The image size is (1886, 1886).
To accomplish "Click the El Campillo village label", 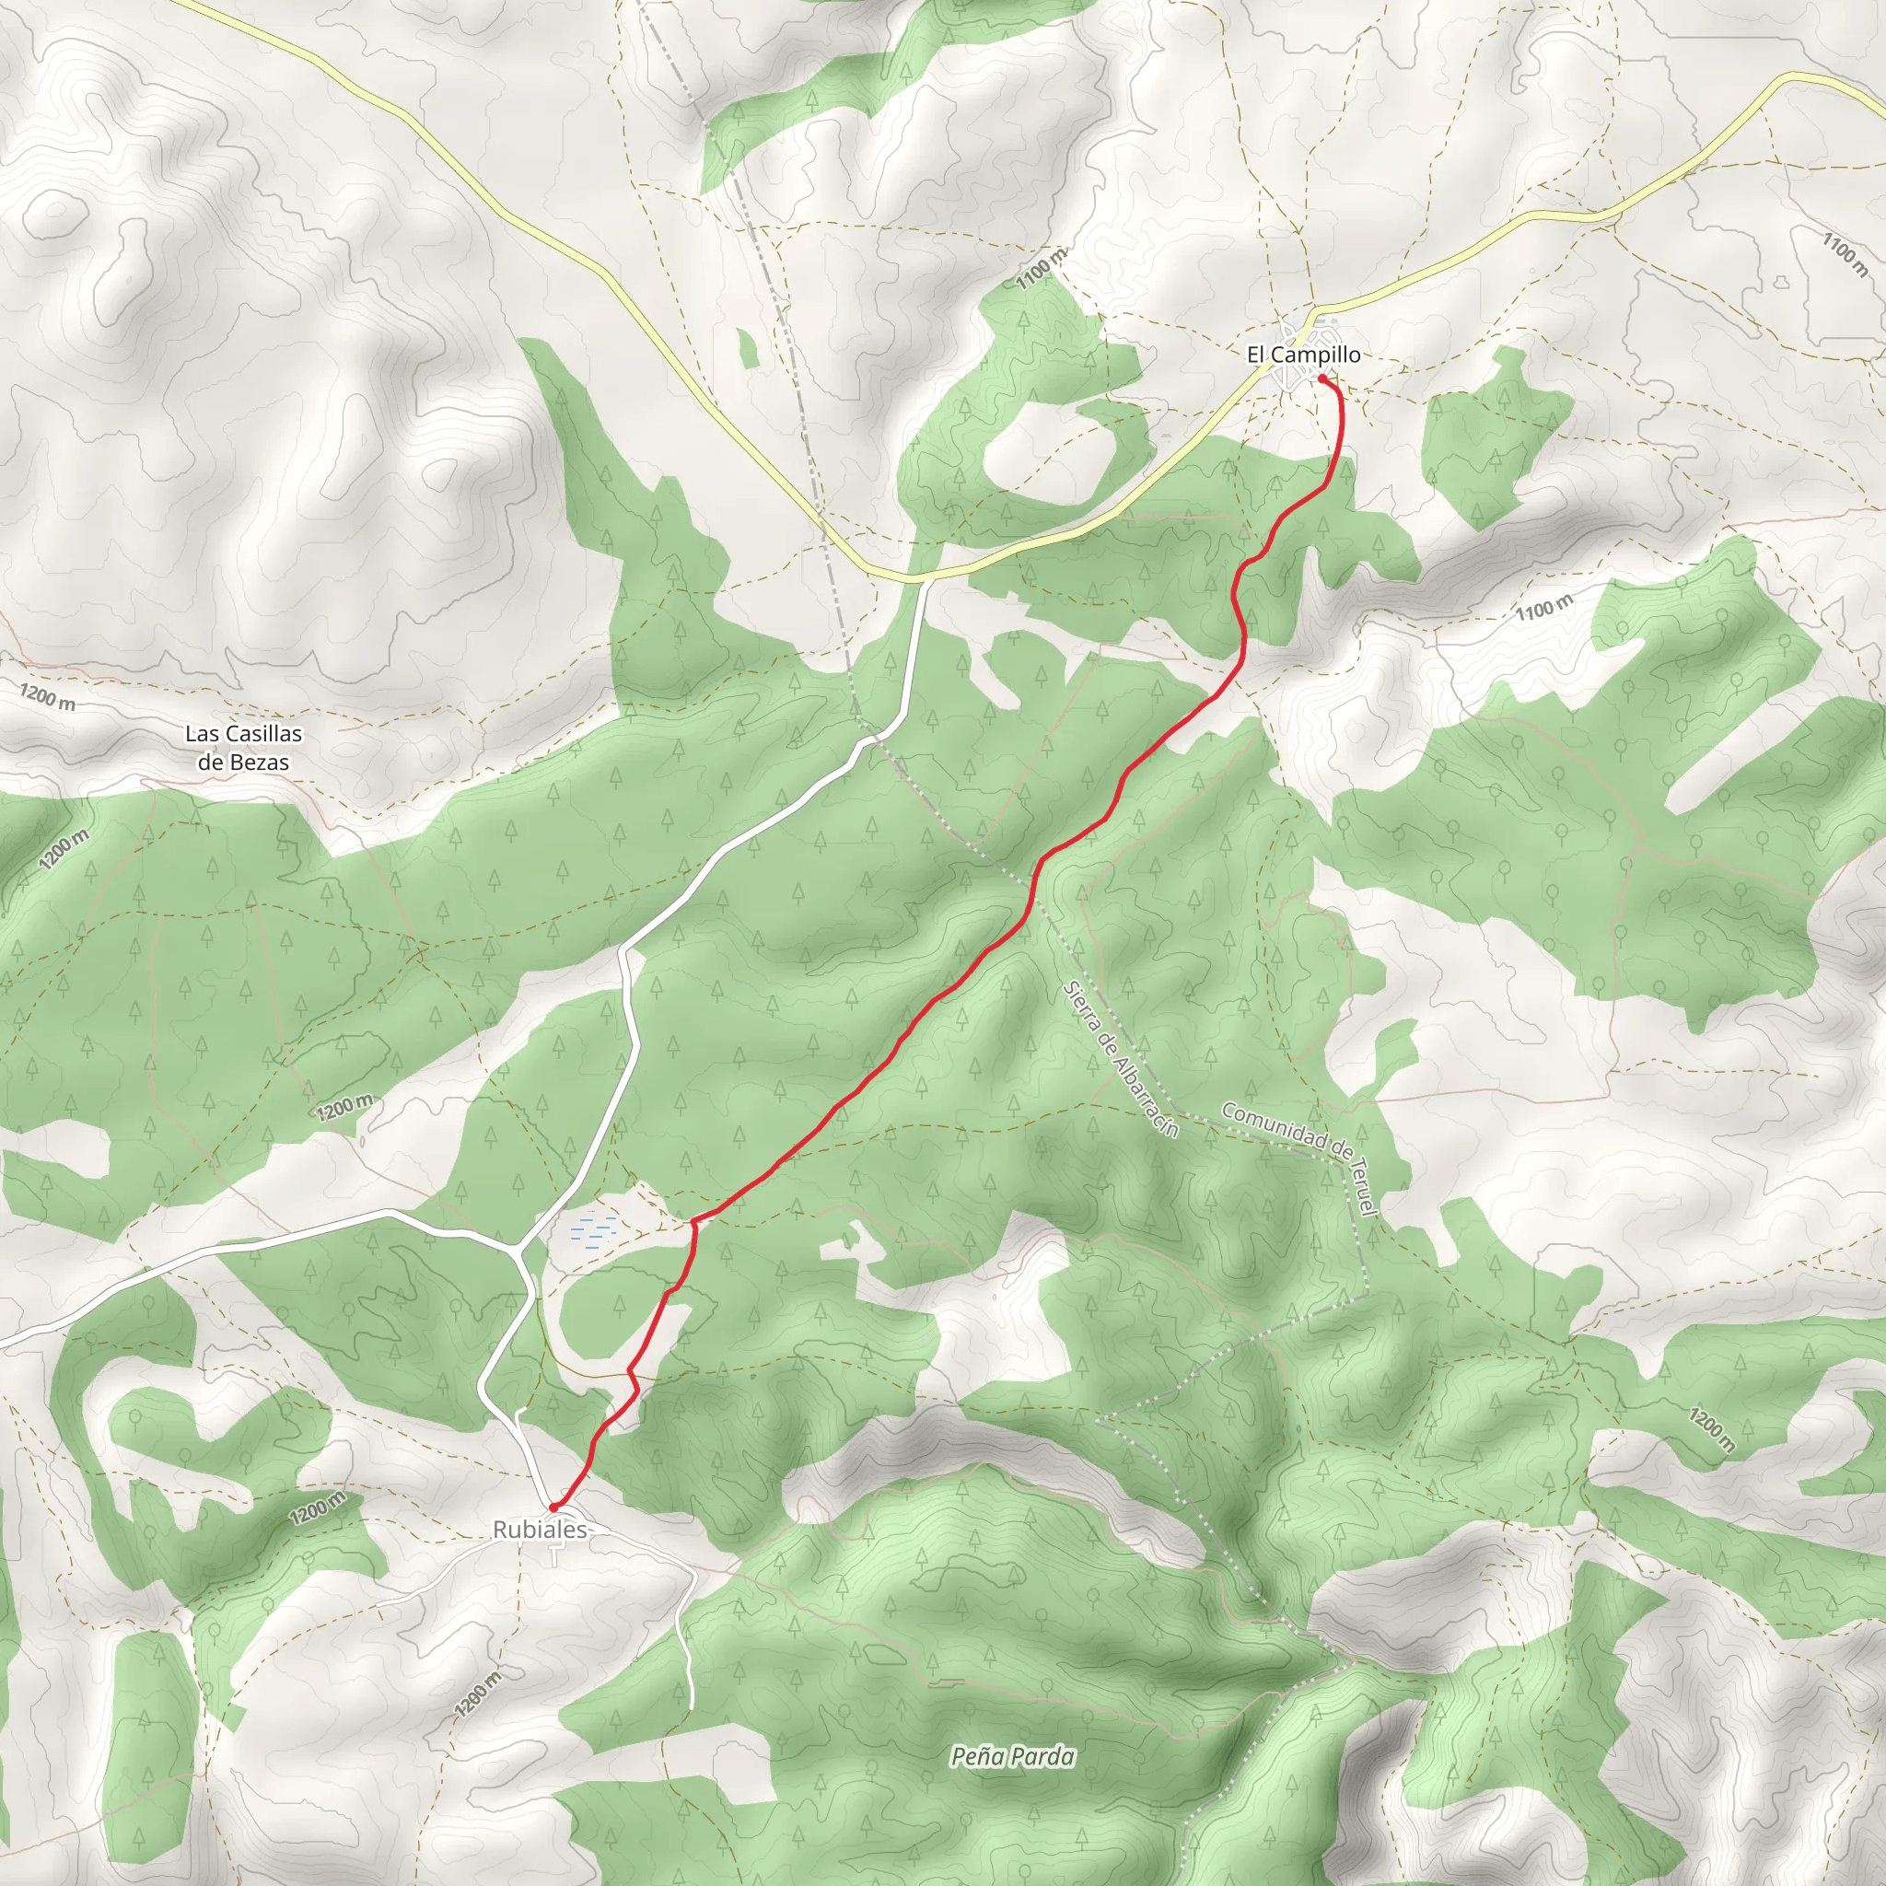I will pos(1303,355).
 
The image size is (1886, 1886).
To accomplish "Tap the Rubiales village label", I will pos(540,1530).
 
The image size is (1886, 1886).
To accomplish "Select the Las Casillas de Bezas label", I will pos(243,748).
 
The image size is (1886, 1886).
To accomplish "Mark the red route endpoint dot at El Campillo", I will pos(1321,378).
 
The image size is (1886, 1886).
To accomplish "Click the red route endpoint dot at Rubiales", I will pos(553,1508).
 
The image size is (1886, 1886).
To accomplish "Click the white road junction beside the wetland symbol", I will pos(516,1249).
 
